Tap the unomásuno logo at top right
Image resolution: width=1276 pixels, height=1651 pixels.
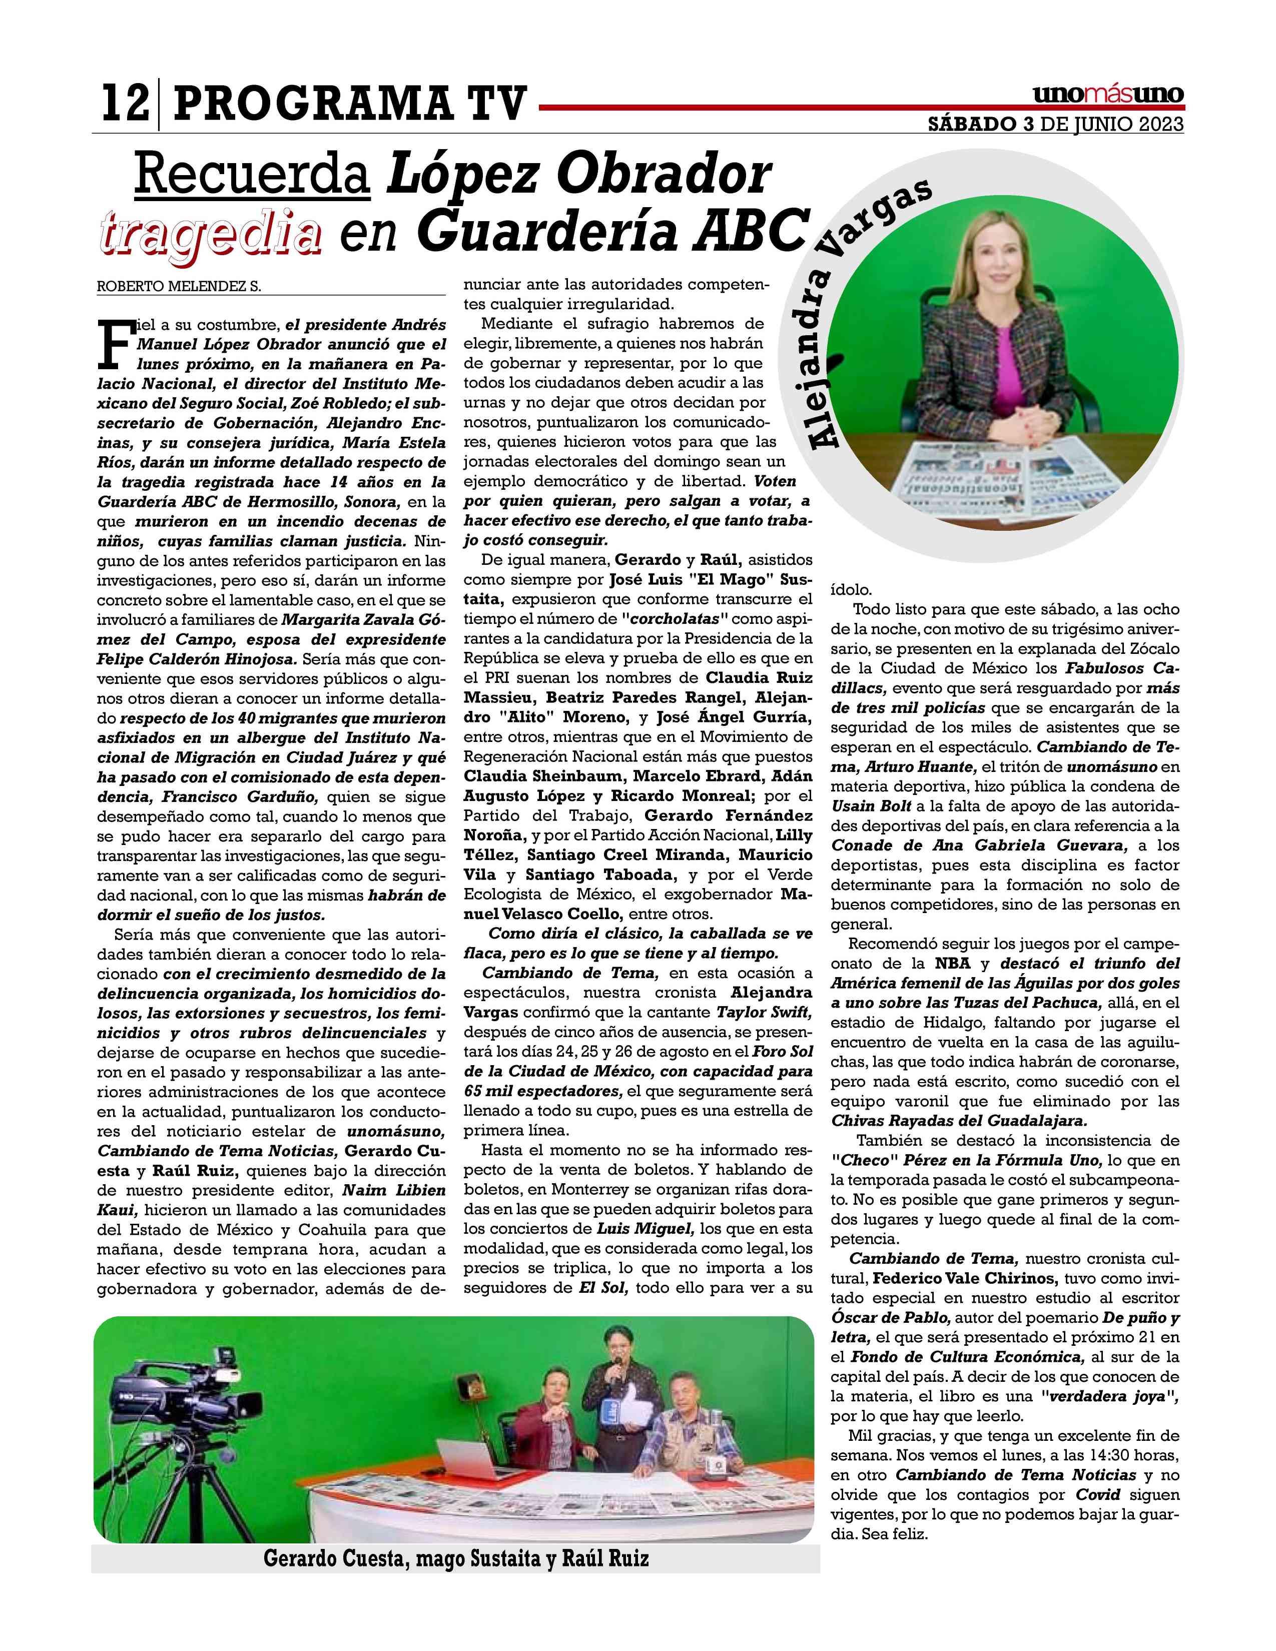[x=1108, y=96]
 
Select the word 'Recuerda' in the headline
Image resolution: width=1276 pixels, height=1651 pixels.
[x=253, y=176]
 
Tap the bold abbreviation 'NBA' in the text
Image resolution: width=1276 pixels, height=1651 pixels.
[x=953, y=964]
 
